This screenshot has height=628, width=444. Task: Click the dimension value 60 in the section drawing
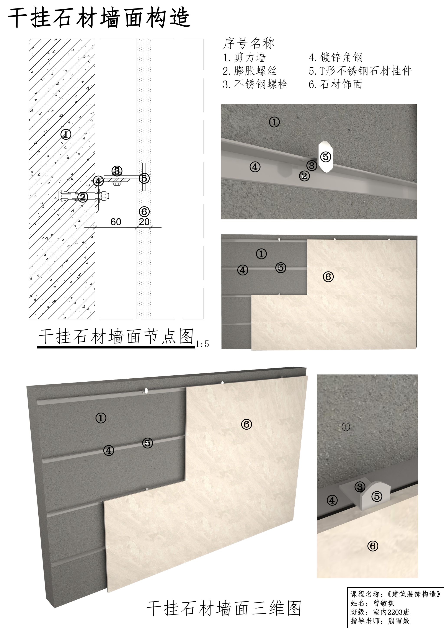click(x=116, y=222)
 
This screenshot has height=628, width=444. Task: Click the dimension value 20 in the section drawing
click(x=144, y=222)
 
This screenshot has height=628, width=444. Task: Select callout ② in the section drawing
click(x=83, y=197)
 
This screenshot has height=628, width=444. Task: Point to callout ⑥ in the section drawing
click(x=144, y=211)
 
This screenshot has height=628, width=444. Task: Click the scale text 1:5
click(x=202, y=344)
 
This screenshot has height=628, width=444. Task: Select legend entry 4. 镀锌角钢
click(x=336, y=57)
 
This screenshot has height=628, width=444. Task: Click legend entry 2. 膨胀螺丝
click(x=250, y=71)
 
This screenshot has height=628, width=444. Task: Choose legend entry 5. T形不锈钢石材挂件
click(x=360, y=71)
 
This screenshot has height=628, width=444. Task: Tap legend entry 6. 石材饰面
click(x=336, y=84)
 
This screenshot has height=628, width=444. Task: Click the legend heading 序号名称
click(x=249, y=43)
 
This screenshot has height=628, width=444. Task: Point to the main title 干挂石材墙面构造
click(x=99, y=18)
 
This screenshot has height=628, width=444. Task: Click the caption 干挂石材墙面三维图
click(x=224, y=608)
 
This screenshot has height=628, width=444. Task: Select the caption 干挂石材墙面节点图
click(x=116, y=336)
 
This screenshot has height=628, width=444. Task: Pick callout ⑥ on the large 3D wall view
click(x=246, y=424)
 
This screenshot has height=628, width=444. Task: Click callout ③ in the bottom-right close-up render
click(x=360, y=487)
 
